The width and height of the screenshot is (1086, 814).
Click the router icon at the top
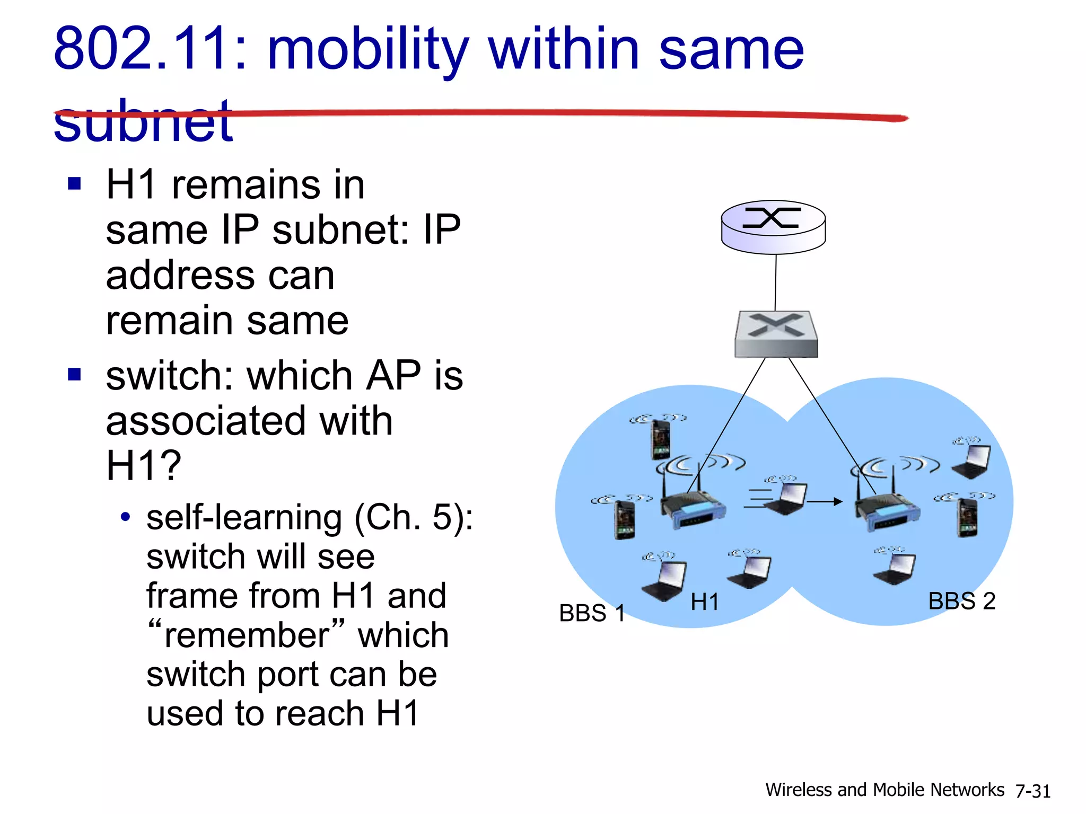click(x=773, y=227)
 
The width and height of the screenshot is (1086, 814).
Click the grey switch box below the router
click(x=776, y=334)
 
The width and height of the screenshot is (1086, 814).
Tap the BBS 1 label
click(x=592, y=613)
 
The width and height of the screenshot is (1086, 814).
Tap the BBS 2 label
click(x=961, y=601)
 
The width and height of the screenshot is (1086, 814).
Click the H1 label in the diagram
click(x=705, y=602)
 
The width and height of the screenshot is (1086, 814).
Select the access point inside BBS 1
click(x=692, y=506)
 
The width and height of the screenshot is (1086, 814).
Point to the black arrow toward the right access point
click(x=825, y=501)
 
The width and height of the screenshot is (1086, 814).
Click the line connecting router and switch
click(x=776, y=282)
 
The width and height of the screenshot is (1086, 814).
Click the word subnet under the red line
click(x=143, y=122)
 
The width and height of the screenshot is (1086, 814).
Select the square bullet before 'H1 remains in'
click(x=75, y=184)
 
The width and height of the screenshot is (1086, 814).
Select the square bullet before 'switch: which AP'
click(x=75, y=375)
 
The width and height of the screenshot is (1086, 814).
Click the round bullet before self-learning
click(x=125, y=517)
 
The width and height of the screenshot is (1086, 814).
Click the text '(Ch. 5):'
click(x=413, y=517)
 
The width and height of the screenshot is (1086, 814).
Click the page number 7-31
click(x=1032, y=791)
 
